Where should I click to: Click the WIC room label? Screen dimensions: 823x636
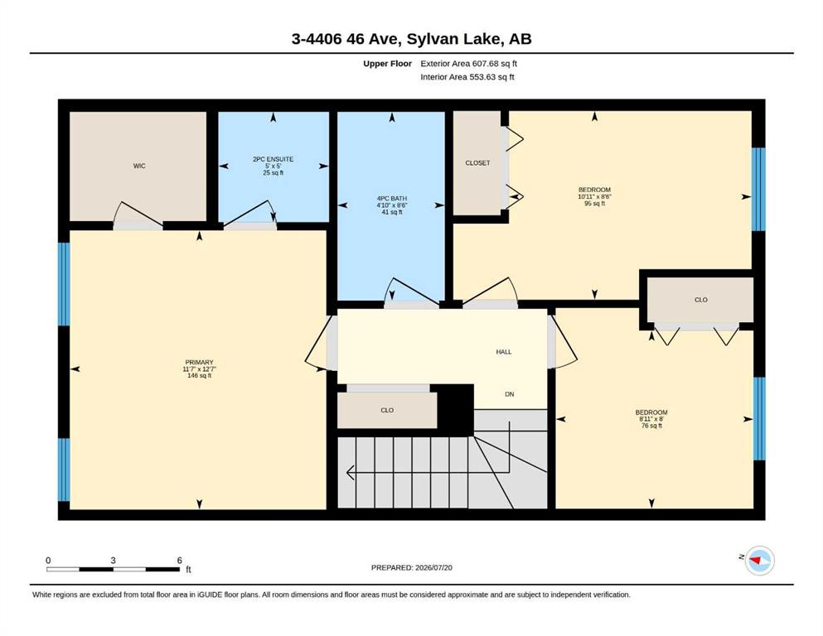(139, 166)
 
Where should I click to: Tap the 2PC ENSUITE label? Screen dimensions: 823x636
(273, 159)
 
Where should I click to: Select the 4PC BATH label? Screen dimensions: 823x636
(392, 199)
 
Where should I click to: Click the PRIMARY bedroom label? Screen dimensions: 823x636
(200, 363)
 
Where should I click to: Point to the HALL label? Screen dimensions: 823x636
(504, 352)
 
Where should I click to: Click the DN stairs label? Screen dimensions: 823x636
(510, 394)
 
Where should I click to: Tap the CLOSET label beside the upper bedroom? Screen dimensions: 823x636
(477, 163)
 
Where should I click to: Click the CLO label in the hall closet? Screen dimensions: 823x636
(387, 411)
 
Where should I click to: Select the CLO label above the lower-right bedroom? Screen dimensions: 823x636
(701, 300)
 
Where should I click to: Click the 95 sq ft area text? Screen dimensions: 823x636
(595, 204)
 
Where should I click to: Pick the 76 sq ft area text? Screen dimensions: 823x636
(652, 426)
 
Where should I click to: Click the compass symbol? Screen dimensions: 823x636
(759, 561)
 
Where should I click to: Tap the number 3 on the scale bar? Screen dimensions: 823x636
(113, 561)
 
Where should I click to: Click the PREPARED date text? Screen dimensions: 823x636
(411, 567)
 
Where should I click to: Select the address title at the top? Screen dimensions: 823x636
(411, 39)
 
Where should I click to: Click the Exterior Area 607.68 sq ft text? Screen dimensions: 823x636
(469, 64)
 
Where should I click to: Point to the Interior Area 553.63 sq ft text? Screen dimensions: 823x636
(467, 77)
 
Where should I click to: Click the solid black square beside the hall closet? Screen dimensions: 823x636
(456, 409)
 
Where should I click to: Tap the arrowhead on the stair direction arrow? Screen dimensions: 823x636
(350, 474)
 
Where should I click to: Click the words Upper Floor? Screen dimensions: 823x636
(387, 64)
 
